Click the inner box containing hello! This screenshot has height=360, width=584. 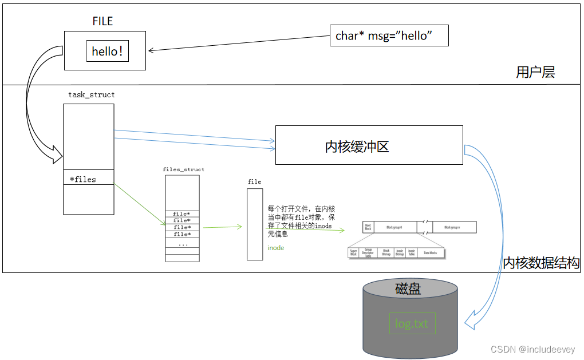click(107, 51)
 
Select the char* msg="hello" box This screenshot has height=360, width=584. click(389, 36)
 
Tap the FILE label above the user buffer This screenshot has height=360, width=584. click(102, 21)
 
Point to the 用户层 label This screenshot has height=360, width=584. click(535, 72)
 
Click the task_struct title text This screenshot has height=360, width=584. click(91, 95)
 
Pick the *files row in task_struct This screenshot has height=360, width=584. click(88, 179)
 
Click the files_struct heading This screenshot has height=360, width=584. click(183, 169)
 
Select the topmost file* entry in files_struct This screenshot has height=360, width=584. click(182, 213)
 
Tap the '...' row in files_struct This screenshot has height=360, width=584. click(182, 243)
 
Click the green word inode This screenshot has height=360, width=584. click(275, 248)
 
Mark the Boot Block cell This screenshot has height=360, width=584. click(368, 227)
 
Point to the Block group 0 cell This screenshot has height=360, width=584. click(394, 227)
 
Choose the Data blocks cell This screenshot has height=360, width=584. click(431, 252)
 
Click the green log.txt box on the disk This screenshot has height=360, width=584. click(412, 323)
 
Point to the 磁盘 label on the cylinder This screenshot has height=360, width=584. click(408, 289)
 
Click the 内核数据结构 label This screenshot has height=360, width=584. click(541, 263)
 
